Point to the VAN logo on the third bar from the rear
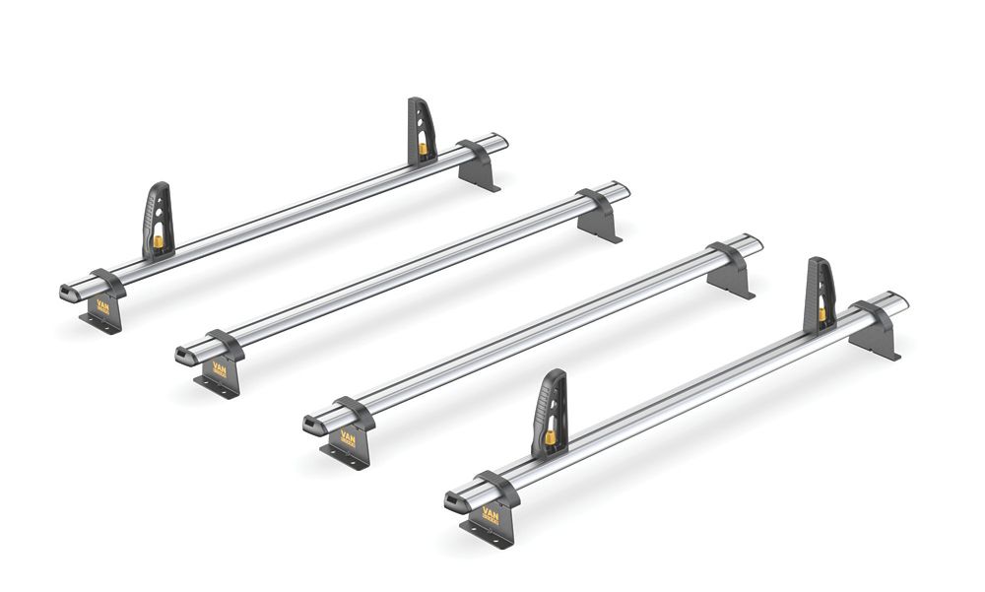coord(349,433)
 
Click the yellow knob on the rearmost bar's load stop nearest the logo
coord(159,240)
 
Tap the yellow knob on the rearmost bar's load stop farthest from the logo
coord(424,149)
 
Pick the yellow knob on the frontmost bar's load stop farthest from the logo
coord(822,314)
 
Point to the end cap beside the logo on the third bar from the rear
coord(314,423)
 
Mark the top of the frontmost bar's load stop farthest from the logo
coord(820,263)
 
